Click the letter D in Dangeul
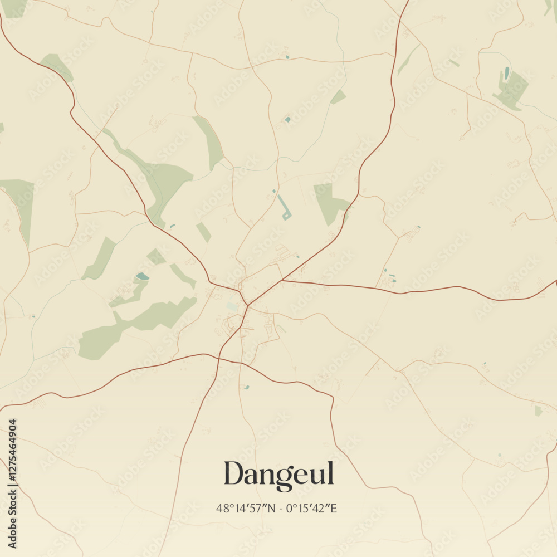click(234, 473)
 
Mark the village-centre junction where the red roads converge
click(247, 306)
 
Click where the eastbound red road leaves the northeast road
click(283, 280)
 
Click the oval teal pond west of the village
click(143, 276)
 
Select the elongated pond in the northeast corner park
click(506, 73)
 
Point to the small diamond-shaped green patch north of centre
click(338, 97)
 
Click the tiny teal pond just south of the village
click(246, 387)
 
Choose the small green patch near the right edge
click(538, 411)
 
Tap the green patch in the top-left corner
click(14, 7)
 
